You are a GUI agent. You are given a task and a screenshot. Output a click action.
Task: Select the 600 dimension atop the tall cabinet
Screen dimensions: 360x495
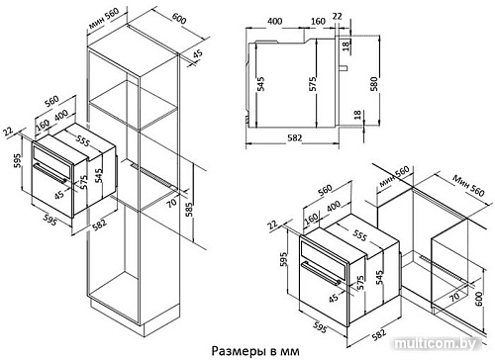(x=178, y=18)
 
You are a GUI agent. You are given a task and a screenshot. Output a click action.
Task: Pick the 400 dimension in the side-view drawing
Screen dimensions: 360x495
(x=272, y=21)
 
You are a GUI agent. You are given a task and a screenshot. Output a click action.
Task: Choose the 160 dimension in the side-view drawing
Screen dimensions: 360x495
(x=318, y=21)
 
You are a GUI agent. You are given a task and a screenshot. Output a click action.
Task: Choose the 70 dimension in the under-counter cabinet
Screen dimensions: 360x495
(x=454, y=297)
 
